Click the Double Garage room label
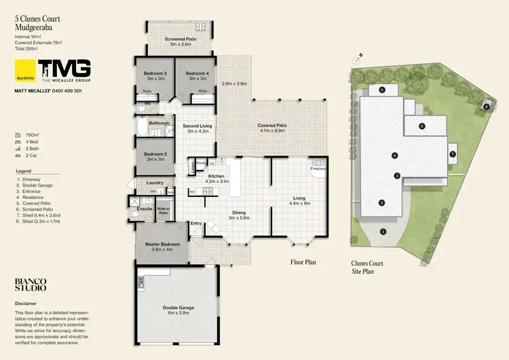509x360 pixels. point(180,308)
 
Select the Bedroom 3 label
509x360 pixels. point(156,73)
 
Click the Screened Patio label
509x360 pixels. point(180,39)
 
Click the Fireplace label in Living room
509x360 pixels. point(318,168)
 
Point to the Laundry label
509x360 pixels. point(154,183)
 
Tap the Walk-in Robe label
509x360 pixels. point(163,211)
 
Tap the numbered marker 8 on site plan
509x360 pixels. point(487,107)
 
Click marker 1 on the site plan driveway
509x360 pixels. point(383,232)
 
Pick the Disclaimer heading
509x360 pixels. point(26,304)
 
